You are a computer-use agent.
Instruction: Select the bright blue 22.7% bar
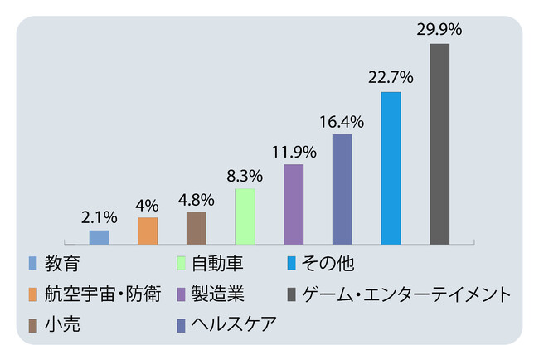tap(391, 168)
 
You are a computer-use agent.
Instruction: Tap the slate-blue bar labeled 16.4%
tap(342, 189)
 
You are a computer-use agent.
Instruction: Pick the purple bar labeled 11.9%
tap(294, 204)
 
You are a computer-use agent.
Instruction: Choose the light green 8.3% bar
tap(245, 216)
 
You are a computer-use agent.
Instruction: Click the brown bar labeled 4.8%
tap(197, 228)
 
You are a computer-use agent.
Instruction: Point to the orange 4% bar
tap(148, 231)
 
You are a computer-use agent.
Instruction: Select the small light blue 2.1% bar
tap(99, 237)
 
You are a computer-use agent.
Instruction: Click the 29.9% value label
tap(439, 29)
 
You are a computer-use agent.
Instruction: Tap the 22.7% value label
tap(391, 77)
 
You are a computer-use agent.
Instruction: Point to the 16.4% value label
tap(342, 120)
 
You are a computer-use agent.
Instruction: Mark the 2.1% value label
tap(99, 217)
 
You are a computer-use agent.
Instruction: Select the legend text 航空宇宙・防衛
tap(104, 294)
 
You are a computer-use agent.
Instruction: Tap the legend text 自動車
tap(217, 265)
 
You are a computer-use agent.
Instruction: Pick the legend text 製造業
tap(217, 294)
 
